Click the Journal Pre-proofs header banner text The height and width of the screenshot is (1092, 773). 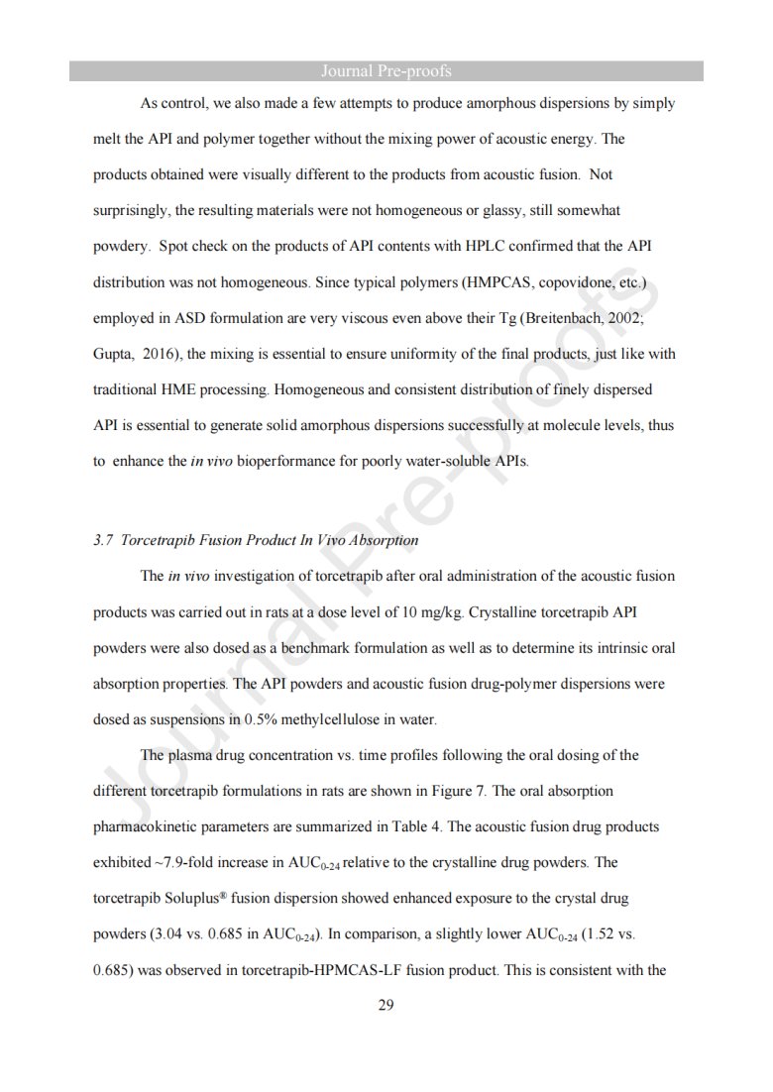click(x=386, y=71)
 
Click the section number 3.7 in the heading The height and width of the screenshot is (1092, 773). click(x=102, y=540)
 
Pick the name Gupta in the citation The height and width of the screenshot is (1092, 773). click(x=113, y=354)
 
